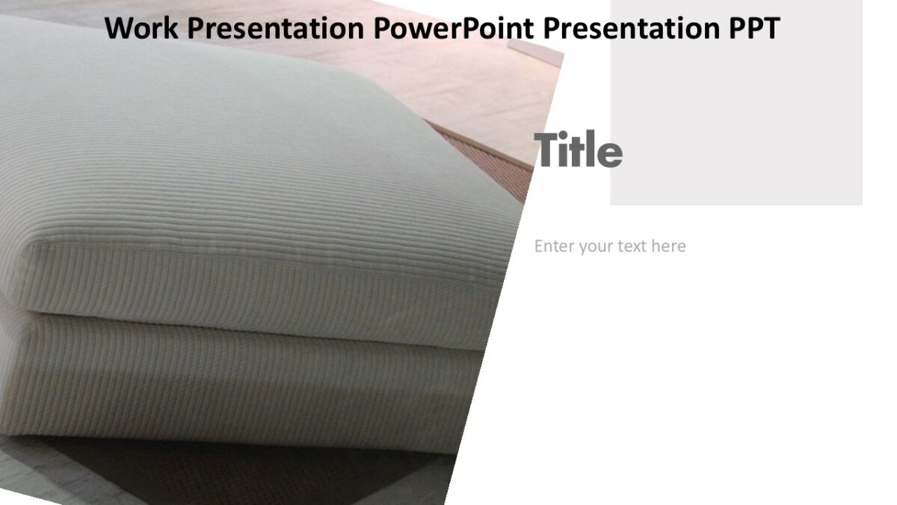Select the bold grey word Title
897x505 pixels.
578,150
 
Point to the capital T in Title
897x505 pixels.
545,150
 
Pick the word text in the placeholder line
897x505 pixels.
632,246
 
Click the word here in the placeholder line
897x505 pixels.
668,246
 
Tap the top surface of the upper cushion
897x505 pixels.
224,150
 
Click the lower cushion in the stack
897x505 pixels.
224,382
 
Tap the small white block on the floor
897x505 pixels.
534,51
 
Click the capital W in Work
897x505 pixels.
117,28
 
